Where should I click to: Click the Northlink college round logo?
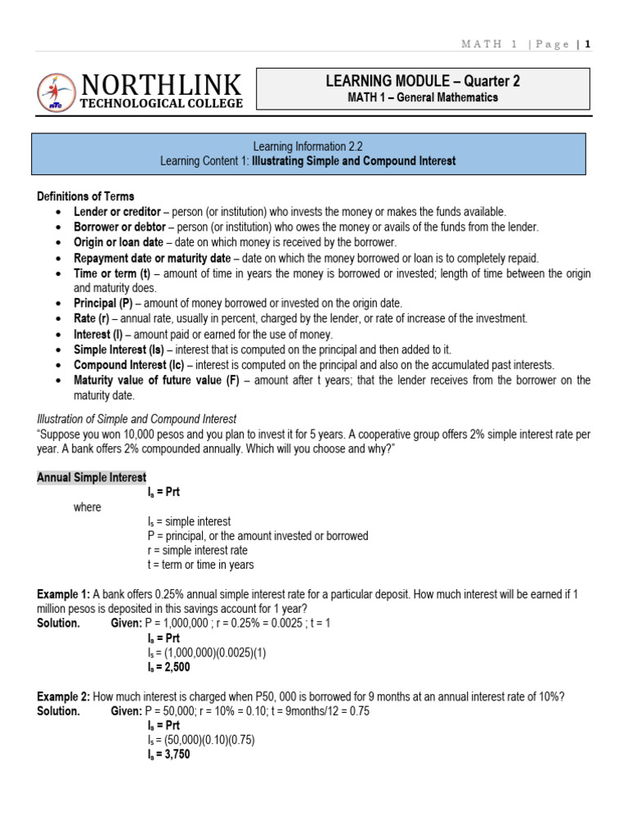tap(55, 93)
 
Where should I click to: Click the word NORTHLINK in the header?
tap(161, 85)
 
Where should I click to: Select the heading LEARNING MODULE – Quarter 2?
tap(423, 81)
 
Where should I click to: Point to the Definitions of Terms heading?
tap(86, 196)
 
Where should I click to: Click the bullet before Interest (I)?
tap(60, 335)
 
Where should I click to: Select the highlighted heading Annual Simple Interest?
tap(92, 477)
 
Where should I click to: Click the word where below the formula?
tap(87, 507)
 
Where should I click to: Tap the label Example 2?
tap(63, 696)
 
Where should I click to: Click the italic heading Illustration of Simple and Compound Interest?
tap(137, 419)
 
